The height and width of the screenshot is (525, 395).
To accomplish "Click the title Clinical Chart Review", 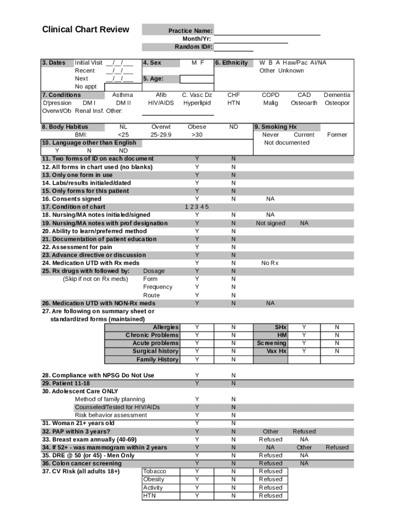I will click(x=85, y=29).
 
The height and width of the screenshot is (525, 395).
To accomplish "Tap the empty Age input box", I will click(x=197, y=79).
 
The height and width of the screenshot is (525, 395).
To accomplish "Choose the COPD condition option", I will click(x=270, y=95).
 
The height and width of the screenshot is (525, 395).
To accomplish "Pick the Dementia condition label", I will click(x=337, y=95).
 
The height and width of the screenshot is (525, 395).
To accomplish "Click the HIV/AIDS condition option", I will click(x=161, y=103).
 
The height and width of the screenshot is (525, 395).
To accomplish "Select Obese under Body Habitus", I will click(x=197, y=127).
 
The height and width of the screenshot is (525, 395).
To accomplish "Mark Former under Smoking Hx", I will click(x=337, y=135).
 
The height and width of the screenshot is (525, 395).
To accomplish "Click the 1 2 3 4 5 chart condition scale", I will click(x=197, y=207).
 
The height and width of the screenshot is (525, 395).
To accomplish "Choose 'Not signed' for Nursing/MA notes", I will click(x=270, y=224).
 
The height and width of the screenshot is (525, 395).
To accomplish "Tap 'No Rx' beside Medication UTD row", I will click(x=270, y=263).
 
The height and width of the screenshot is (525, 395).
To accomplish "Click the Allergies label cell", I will click(x=166, y=327).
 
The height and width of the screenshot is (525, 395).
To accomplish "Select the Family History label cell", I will click(x=157, y=359).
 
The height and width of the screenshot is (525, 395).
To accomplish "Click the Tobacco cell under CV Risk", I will click(x=154, y=471).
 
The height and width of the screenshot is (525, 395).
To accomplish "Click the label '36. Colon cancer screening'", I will click(x=82, y=463).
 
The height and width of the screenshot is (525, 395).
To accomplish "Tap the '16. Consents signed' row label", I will click(x=72, y=199).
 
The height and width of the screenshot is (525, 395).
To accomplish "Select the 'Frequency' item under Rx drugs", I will click(x=157, y=287).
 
